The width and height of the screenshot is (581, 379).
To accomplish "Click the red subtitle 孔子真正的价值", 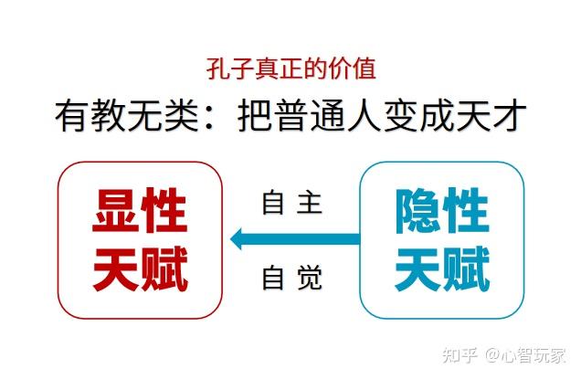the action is tap(290, 68).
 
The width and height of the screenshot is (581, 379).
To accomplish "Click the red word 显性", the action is tap(140, 209).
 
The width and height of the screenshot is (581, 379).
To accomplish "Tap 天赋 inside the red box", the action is tap(140, 269).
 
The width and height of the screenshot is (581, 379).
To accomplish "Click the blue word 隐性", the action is tap(442, 209).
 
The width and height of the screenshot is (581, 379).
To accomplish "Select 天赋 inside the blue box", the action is tap(442, 269).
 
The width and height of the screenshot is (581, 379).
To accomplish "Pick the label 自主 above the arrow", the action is tap(292, 202).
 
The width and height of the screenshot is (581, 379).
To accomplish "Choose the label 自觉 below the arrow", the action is tap(292, 278).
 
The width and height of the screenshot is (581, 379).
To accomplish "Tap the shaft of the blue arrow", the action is tap(311, 239).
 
